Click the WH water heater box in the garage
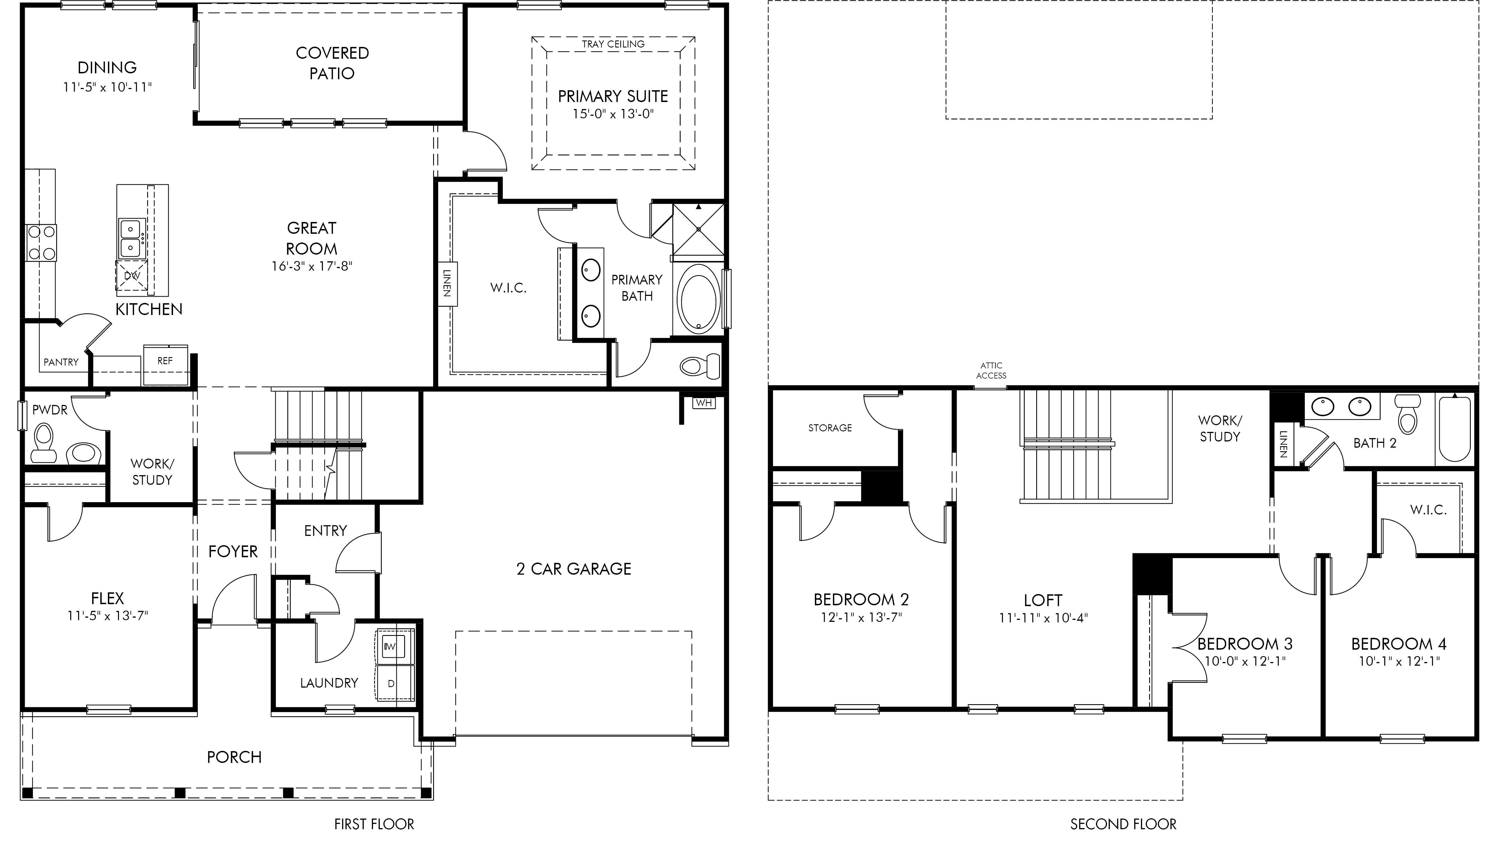tap(704, 403)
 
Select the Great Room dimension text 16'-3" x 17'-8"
tap(312, 266)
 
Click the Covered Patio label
tap(332, 63)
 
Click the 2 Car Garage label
tap(573, 569)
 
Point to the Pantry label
tap(61, 362)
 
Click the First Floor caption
tap(374, 824)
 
